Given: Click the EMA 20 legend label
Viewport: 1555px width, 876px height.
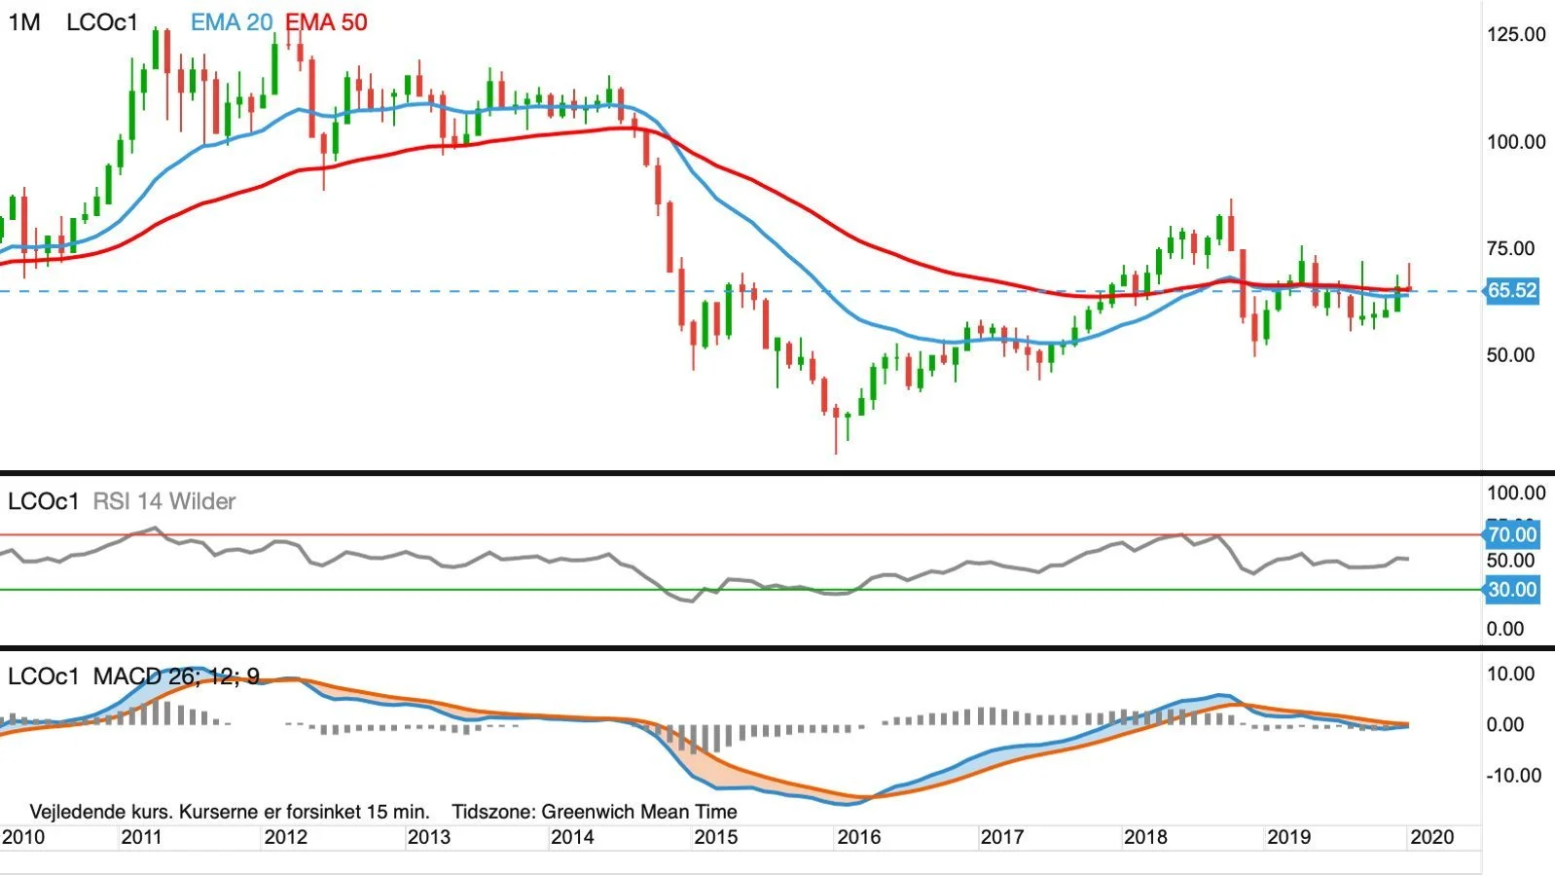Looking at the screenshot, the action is click(232, 22).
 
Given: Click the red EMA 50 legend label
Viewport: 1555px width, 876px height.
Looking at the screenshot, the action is click(326, 22).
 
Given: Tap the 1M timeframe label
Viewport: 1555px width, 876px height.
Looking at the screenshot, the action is click(24, 22).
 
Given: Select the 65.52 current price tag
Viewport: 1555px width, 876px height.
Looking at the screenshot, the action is click(1512, 290).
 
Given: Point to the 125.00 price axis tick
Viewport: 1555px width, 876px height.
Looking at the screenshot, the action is click(1515, 34).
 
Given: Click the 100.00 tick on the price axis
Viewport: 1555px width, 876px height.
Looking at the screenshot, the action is click(1515, 141).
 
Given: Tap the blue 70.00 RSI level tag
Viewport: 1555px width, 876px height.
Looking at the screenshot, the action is click(1512, 534).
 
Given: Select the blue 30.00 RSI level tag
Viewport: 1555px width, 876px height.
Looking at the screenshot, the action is click(1512, 589).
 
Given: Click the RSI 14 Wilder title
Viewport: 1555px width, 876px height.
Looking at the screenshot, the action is click(163, 501).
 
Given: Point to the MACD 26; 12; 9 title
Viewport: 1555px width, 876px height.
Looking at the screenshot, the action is click(176, 675).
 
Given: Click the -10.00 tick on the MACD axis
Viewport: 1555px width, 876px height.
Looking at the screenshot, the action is click(1513, 775).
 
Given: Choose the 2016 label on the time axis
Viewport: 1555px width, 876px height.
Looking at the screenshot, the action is click(858, 837).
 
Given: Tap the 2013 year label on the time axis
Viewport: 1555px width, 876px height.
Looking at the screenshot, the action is click(428, 837).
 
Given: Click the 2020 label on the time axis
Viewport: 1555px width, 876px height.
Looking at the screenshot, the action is click(1431, 837).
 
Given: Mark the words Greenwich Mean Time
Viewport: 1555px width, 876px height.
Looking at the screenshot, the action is click(638, 812).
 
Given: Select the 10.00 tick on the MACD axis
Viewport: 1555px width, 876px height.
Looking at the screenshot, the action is click(1510, 674).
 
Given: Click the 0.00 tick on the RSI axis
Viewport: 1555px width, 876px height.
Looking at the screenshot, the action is click(1504, 629).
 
